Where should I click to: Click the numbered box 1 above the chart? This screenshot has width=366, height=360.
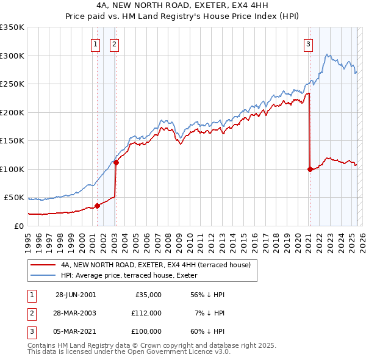[96, 43]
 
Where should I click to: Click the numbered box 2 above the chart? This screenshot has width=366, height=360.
[115, 43]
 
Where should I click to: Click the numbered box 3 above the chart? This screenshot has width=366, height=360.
[309, 43]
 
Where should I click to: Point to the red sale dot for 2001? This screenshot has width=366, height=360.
[97, 206]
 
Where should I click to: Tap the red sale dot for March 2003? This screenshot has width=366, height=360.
[116, 162]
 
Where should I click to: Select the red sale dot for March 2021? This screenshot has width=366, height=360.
[310, 169]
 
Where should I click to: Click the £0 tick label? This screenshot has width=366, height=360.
[18, 226]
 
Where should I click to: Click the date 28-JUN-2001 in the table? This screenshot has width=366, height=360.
[76, 295]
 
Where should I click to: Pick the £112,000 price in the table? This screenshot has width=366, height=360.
[146, 313]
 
